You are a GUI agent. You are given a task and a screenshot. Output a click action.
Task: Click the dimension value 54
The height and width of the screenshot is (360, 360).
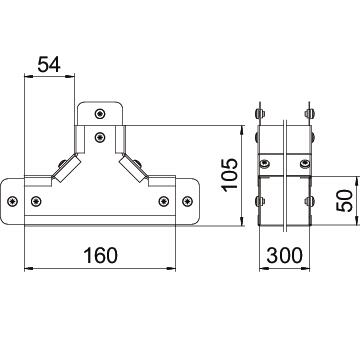(x=49, y=64)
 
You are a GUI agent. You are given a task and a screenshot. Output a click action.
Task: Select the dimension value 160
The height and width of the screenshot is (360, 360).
(x=100, y=255)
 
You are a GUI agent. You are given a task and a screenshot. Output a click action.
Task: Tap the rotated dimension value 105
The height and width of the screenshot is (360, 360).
(x=230, y=175)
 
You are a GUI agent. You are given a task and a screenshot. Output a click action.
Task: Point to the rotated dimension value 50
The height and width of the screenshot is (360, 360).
(x=344, y=201)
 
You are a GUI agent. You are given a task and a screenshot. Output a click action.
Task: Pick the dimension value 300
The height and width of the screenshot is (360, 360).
(x=284, y=255)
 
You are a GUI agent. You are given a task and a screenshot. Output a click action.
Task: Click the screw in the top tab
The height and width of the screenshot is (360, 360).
(x=100, y=114)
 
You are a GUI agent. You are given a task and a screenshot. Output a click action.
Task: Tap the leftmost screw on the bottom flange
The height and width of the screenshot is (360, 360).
(x=13, y=201)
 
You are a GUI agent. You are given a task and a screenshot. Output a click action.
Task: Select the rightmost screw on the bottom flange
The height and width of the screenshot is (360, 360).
(x=187, y=201)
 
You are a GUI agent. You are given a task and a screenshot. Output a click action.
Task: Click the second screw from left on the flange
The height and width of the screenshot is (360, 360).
(x=36, y=201)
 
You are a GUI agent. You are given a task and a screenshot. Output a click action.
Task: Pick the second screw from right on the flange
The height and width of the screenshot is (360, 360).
(x=164, y=201)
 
